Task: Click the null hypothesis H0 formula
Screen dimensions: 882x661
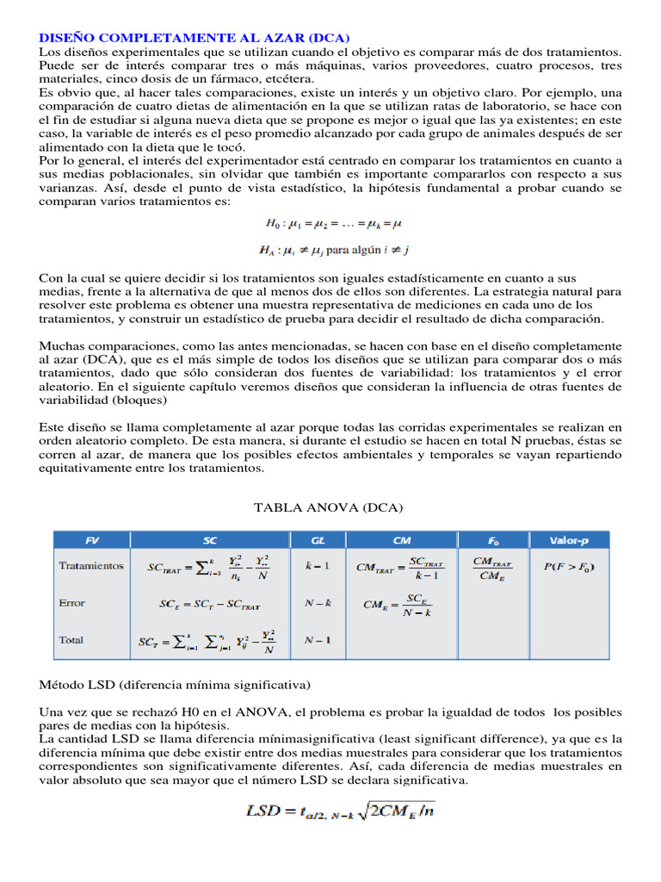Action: (x=334, y=224)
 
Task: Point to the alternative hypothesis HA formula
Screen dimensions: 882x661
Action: (x=334, y=250)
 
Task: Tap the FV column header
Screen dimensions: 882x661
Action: (x=92, y=540)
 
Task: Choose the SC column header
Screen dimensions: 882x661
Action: (x=210, y=540)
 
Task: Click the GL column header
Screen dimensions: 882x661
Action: (x=318, y=540)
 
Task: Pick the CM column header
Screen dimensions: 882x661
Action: (x=401, y=540)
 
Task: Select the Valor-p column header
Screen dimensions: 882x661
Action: (x=569, y=540)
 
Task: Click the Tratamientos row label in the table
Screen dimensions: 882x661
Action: (x=91, y=566)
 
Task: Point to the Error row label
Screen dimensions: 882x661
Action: (x=72, y=603)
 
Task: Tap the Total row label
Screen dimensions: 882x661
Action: (x=71, y=640)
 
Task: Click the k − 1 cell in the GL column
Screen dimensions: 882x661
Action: (x=318, y=566)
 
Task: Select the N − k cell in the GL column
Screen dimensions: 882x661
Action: (x=318, y=603)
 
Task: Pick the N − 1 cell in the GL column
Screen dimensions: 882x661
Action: (x=318, y=640)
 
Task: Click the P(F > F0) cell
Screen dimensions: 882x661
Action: (x=569, y=566)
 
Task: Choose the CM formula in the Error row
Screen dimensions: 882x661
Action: (x=398, y=605)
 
